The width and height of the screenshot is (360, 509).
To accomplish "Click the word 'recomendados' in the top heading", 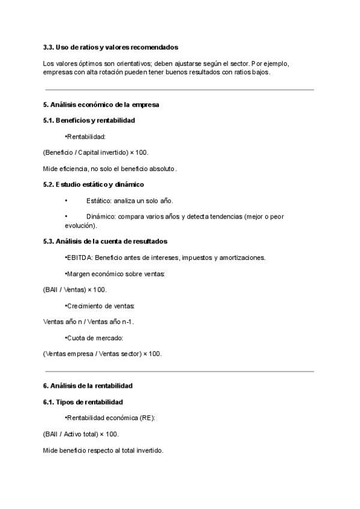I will point(155,47).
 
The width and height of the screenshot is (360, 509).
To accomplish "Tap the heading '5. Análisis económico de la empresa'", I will point(101,104).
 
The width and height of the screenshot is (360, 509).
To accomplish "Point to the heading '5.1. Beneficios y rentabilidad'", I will point(89,120).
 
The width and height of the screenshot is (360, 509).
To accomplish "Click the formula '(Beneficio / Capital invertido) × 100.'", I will point(95,152).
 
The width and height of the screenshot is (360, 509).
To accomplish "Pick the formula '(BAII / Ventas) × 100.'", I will point(75,289).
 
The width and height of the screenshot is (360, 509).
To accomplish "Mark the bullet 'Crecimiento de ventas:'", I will point(101,306).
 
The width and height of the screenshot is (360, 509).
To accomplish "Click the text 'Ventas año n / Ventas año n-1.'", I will point(89,321).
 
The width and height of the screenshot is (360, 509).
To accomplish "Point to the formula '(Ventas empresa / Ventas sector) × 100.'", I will point(103,354).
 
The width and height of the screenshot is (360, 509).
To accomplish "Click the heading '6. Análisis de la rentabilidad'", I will point(88,385).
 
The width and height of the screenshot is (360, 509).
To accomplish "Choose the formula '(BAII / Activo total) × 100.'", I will point(81,433).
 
